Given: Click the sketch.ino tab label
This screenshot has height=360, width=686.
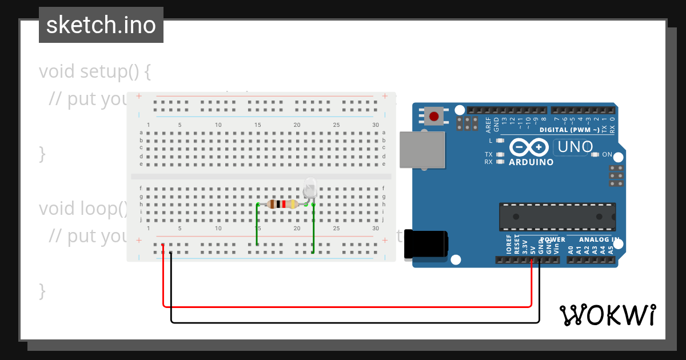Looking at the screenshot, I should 101,25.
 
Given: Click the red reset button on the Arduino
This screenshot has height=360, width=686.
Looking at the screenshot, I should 434,117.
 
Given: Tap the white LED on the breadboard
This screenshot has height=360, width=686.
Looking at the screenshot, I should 310,187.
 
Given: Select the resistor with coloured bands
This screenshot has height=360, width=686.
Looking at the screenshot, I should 282,204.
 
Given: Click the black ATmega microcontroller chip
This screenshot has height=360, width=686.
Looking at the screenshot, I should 557,217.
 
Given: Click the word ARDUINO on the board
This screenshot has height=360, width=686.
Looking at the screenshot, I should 531,162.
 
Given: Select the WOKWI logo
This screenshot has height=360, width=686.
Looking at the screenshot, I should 607,315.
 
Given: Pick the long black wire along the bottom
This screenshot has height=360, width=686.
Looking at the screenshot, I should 354,323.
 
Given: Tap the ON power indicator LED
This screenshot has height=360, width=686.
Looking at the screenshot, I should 595,154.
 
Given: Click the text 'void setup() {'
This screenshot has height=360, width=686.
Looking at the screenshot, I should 95,71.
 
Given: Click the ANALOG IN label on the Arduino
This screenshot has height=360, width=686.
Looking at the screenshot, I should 599,239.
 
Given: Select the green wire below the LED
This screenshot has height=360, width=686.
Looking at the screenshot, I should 313,229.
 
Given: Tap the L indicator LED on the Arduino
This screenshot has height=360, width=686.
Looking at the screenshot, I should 500,141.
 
